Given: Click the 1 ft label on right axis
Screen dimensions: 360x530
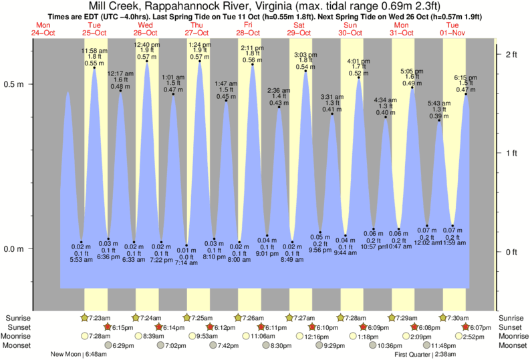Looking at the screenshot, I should coord(511,154).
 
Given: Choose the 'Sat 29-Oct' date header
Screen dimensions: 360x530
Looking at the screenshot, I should coord(299,29).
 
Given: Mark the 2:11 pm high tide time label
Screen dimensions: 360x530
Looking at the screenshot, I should coord(251,48).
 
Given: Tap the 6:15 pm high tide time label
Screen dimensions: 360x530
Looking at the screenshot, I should coord(465,77).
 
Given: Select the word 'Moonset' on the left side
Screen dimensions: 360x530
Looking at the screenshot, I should coord(18,345).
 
